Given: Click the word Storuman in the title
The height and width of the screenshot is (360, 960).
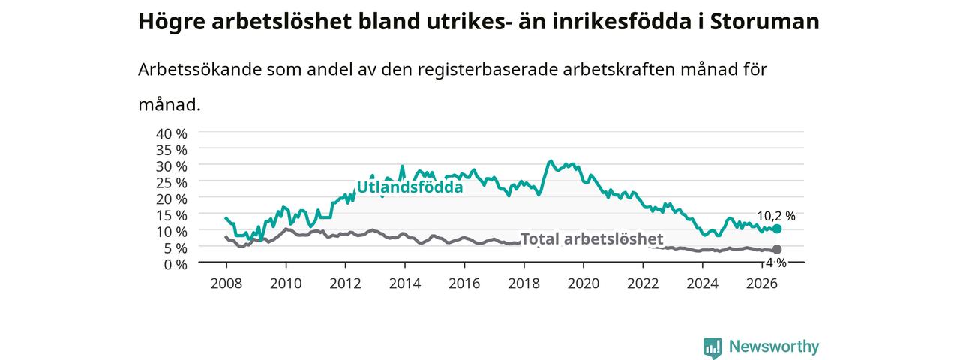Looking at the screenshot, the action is coord(764,22).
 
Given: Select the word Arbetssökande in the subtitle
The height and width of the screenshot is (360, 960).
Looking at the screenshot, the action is coord(199,69).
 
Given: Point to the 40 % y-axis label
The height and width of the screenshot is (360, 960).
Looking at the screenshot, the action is coord(172,133).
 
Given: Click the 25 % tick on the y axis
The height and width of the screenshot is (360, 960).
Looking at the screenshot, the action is coord(172,182).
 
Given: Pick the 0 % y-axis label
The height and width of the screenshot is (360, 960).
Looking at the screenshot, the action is coord(175,264).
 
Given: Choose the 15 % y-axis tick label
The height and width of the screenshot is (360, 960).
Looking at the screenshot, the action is coord(172,215).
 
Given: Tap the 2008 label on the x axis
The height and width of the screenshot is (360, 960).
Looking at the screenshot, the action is coord(226,283).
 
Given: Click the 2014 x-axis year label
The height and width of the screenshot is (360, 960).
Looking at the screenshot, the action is coord(404,283).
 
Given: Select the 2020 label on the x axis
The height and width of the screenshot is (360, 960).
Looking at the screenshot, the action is coord(583,283).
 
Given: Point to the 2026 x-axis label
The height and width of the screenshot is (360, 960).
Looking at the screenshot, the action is coord(761,283).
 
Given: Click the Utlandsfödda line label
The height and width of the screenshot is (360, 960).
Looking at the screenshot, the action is coord(409,187).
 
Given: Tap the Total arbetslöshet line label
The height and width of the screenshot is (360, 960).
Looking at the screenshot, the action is coord(592,238).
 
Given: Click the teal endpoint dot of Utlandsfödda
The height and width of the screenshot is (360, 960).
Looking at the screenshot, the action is coord(776,229).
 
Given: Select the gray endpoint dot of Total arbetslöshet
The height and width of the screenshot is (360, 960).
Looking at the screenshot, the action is coord(776,249).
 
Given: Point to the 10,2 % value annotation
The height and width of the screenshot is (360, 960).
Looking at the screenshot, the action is coord(776,216).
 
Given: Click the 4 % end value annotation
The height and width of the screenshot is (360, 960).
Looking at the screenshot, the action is coord(776,262).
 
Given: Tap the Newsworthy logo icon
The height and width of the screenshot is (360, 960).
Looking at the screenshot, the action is coord(712,347).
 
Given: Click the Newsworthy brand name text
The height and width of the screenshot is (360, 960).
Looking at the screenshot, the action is coord(774,346).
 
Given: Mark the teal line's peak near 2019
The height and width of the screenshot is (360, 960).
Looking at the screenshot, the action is coord(550,161).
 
